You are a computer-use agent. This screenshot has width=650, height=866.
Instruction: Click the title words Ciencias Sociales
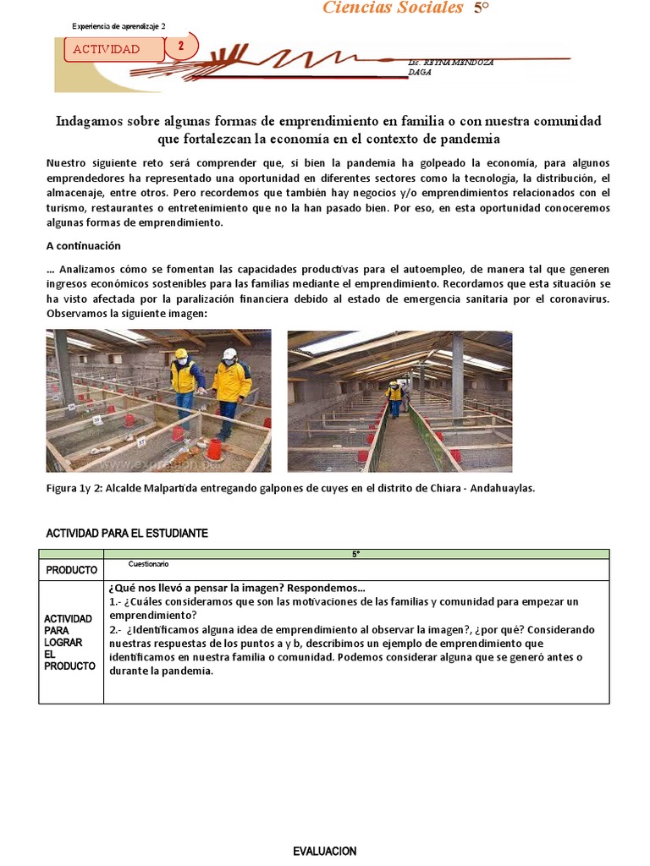393,8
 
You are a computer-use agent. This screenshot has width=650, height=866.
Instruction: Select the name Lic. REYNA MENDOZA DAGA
450,68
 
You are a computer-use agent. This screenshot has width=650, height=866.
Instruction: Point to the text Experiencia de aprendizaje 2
118,26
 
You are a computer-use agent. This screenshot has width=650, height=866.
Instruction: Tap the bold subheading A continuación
83,246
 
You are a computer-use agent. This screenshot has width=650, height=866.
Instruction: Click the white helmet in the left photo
229,354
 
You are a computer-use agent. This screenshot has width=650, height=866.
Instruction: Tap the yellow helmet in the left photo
180,354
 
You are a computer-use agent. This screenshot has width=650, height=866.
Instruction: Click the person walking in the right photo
394,398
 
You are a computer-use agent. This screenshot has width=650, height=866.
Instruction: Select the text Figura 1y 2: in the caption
76,489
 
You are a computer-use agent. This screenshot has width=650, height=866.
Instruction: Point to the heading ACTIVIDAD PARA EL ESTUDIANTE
125,534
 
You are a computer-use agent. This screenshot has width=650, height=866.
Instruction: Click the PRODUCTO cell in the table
71,570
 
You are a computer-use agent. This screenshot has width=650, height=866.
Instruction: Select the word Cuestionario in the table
148,564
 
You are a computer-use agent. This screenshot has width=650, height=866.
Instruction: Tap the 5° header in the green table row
355,554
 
